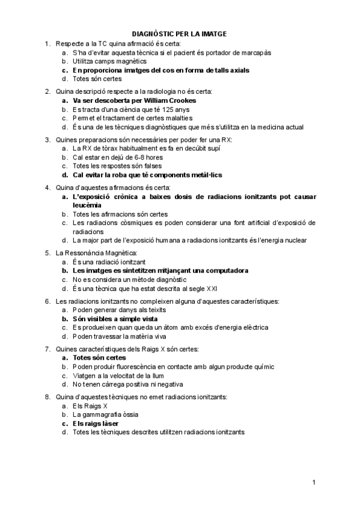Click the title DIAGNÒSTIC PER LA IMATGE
[180, 35]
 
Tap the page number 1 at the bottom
[314, 482]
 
